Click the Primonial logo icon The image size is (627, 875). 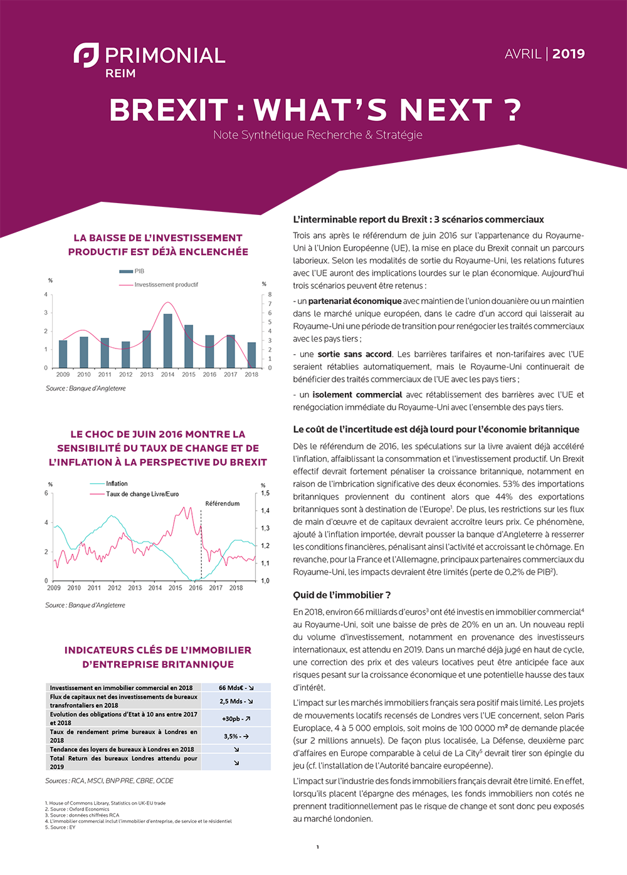(x=86, y=55)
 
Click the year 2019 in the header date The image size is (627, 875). (x=568, y=54)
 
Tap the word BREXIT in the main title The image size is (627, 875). (x=169, y=110)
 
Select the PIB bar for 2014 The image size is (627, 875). (x=167, y=340)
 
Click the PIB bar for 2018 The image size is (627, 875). (x=251, y=355)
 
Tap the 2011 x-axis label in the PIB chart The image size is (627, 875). (x=105, y=375)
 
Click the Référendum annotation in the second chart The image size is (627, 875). (x=222, y=503)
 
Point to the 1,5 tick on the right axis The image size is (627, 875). (x=265, y=493)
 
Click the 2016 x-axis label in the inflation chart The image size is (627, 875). (x=196, y=588)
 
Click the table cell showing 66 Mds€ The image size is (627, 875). (x=236, y=688)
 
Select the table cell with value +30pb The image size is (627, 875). (x=236, y=718)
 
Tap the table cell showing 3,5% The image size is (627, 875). (x=236, y=736)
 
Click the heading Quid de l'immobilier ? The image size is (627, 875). (x=342, y=595)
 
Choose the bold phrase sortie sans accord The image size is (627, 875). (x=354, y=354)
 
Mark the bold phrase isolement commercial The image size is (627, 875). (x=357, y=395)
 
